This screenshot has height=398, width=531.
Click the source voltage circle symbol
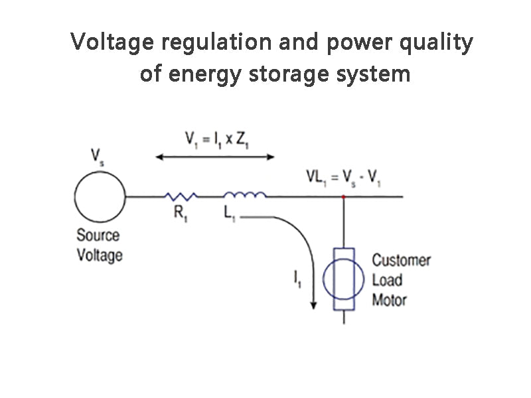coord(100,196)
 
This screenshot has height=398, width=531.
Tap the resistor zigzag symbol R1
coord(181,196)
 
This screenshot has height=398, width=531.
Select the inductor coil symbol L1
coord(246,195)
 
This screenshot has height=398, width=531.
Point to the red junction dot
coord(343,197)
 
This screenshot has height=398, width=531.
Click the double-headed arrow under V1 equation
coord(215,157)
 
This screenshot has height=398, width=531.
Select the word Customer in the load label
coord(401,260)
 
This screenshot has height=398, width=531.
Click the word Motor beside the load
coord(389,300)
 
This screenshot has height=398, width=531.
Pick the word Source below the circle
coord(98,235)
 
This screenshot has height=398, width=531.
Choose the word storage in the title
coord(285,74)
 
